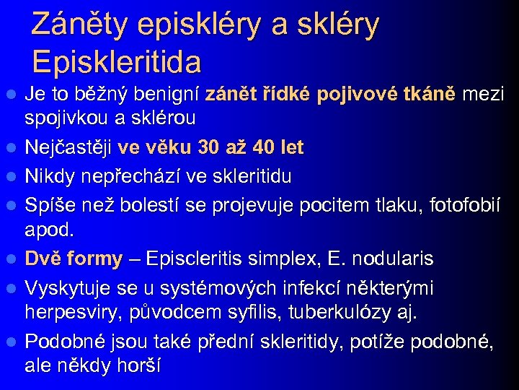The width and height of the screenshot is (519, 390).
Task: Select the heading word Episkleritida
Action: [116, 62]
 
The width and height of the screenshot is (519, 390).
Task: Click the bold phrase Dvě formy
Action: [74, 258]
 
